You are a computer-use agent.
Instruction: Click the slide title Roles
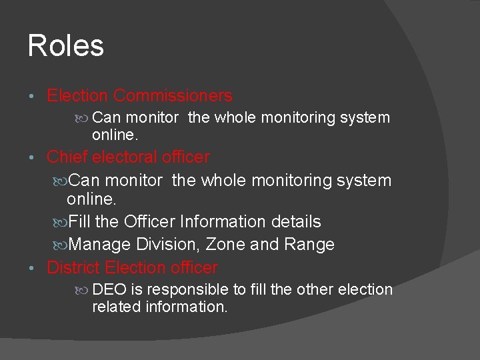[x=66, y=46]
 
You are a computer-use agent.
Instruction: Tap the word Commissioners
[x=173, y=96]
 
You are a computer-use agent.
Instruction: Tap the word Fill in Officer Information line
[x=81, y=222]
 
